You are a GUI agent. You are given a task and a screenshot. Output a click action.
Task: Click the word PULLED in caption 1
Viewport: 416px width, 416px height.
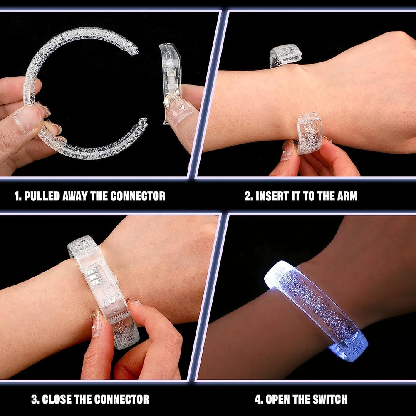pyautogui.click(x=42, y=196)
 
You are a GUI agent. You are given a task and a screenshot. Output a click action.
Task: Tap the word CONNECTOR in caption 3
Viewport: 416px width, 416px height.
pyautogui.click(x=121, y=400)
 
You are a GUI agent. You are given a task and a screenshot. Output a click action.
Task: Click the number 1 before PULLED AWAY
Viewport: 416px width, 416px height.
pyautogui.click(x=17, y=196)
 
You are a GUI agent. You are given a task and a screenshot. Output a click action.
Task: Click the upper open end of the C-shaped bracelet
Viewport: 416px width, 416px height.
pyautogui.click(x=133, y=49)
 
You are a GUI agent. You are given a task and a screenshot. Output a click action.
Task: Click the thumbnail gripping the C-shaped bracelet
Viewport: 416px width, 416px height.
pyautogui.click(x=27, y=119)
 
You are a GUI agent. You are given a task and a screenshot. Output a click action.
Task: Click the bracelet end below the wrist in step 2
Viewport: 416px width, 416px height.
pyautogui.click(x=309, y=133)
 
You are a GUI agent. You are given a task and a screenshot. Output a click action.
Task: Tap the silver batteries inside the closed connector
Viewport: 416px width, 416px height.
pyautogui.click(x=94, y=277)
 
